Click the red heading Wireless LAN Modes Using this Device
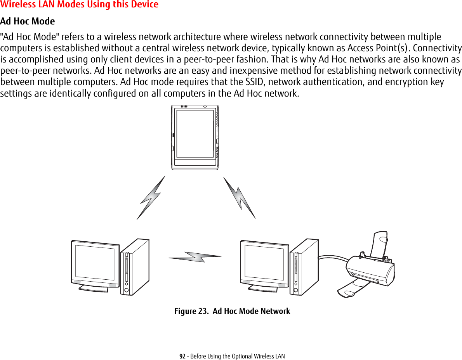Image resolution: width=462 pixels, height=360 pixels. tap(79, 5)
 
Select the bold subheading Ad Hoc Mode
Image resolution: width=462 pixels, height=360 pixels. tap(28, 21)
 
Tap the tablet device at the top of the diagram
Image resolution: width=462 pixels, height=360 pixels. tap(195, 137)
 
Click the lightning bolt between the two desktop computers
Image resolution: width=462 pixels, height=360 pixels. tap(195, 257)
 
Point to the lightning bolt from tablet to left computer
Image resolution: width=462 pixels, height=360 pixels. tap(151, 198)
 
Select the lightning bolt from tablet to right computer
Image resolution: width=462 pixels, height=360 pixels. tap(239, 197)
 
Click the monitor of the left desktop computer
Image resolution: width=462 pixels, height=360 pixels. tap(95, 262)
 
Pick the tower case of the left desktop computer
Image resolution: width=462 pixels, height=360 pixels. tap(134, 267)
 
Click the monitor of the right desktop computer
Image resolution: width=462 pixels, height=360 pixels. tap(264, 262)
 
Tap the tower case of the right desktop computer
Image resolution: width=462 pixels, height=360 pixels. tap(304, 267)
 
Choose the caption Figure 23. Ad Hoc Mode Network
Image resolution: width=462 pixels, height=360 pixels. tap(232, 311)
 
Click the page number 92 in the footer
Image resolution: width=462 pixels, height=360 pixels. tap(182, 356)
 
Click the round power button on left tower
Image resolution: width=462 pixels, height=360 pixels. tap(126, 290)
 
